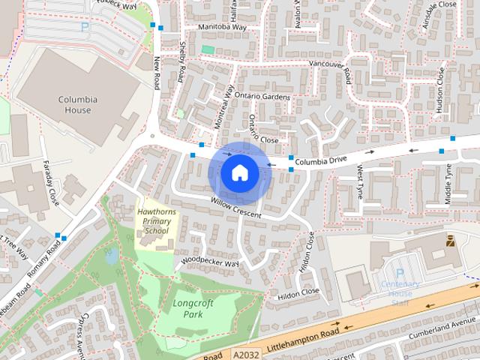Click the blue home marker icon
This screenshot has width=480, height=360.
click(239, 172)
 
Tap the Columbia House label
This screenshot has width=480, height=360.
click(74, 104)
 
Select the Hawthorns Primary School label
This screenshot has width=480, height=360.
click(157, 221)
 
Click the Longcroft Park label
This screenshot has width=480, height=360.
click(183, 308)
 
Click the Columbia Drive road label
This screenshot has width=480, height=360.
click(320, 160)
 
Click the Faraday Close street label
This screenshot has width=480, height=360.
click(53, 193)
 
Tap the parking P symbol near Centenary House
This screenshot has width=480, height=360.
click(400, 273)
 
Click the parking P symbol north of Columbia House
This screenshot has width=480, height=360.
click(85, 26)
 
